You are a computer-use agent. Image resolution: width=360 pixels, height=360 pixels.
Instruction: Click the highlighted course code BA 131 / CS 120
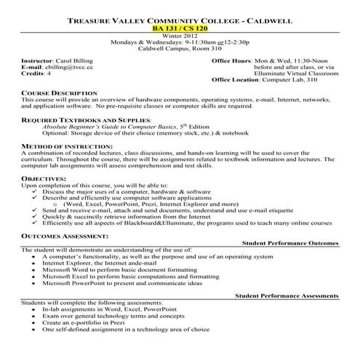pos(179,29)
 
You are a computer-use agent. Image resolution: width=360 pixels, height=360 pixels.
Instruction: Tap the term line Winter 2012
pos(179,37)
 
